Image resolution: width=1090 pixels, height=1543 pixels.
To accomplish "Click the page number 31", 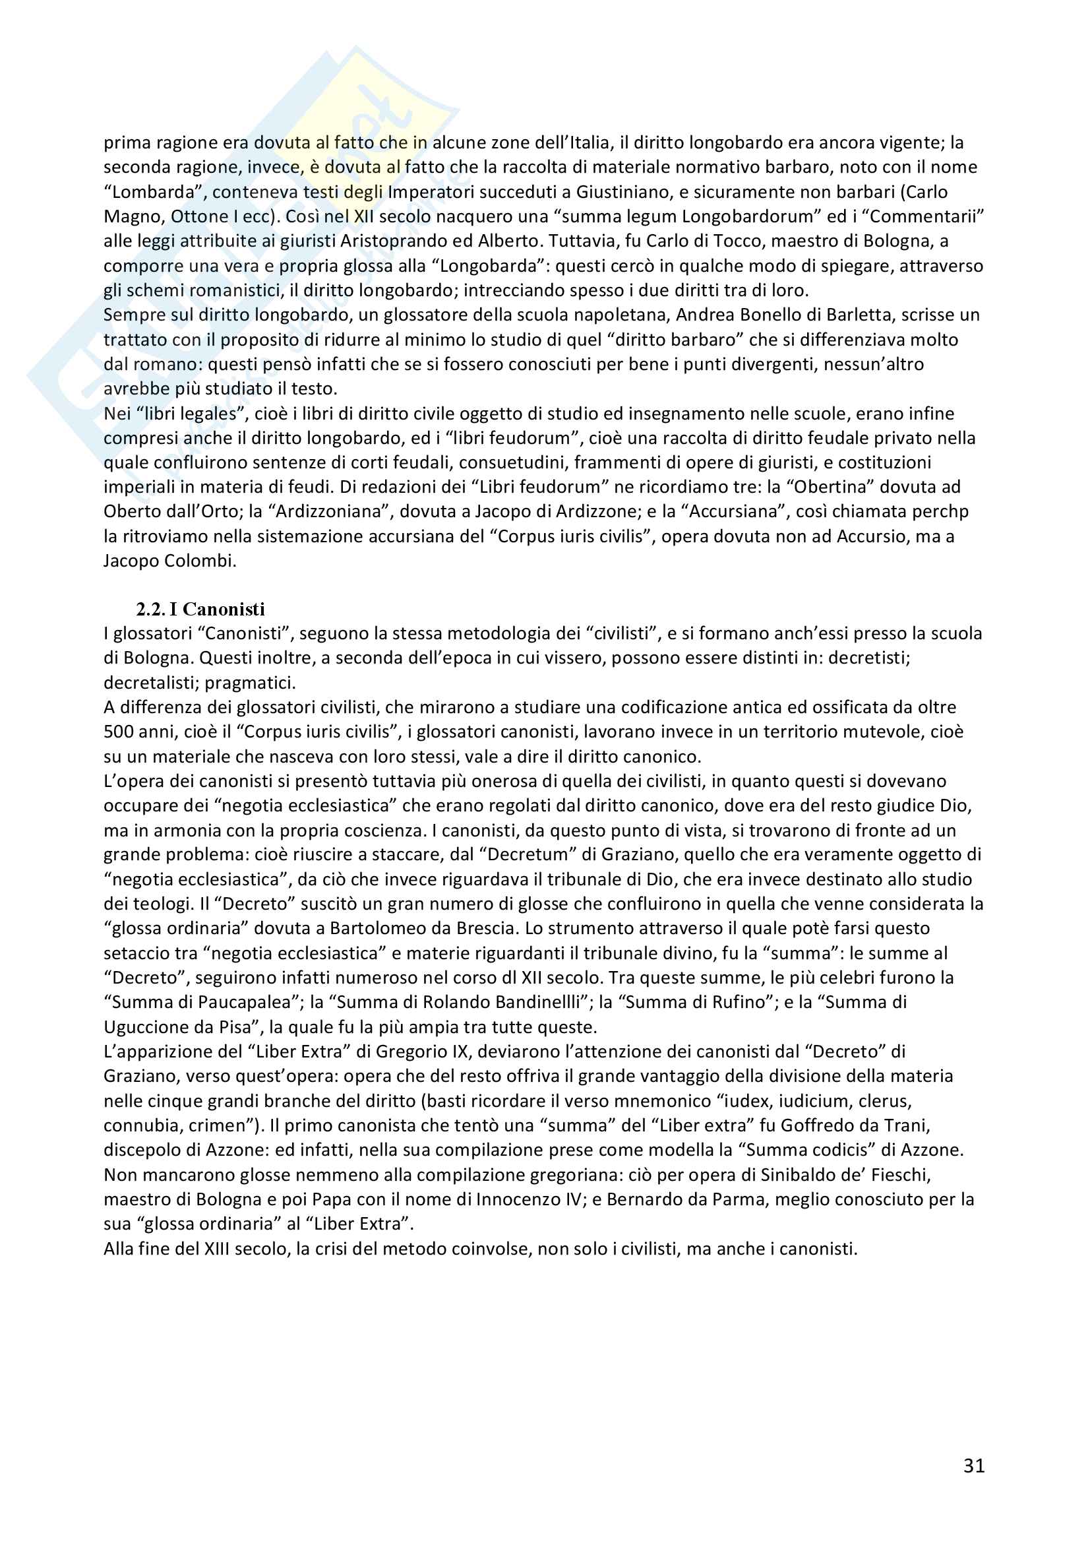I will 974,1465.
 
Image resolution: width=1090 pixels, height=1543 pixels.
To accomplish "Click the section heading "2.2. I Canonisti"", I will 200,609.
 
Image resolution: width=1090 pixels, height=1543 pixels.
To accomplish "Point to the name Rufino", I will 740,1002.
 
